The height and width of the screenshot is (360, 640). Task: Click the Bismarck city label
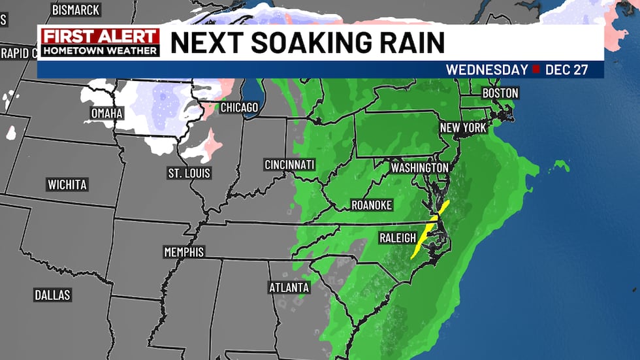coord(76,10)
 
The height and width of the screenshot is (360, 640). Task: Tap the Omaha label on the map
coord(107,114)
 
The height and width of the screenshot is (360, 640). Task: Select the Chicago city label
coord(239,107)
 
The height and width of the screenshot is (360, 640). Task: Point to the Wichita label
coord(67,185)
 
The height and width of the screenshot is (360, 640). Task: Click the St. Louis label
coord(189,173)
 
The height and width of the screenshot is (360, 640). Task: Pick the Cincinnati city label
coord(289,164)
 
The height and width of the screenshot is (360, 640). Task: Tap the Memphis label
coord(184,252)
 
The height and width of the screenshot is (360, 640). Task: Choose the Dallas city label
coord(52,295)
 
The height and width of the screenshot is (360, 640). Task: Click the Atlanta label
coord(289,287)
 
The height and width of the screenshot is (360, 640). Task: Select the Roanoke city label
coord(372,205)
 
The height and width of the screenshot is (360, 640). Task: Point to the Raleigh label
coord(398,238)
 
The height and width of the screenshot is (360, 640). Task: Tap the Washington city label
coord(419,168)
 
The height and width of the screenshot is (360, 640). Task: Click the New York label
coord(463,128)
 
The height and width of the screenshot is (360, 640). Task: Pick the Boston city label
coord(500,93)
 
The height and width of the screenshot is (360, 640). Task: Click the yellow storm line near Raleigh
coord(430,229)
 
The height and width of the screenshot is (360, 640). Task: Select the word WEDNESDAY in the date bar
coord(487,70)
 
